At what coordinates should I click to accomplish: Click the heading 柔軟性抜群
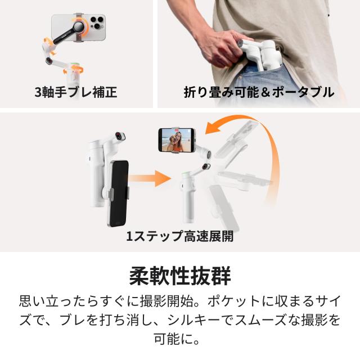180,277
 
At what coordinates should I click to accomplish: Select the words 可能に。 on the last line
180,340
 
